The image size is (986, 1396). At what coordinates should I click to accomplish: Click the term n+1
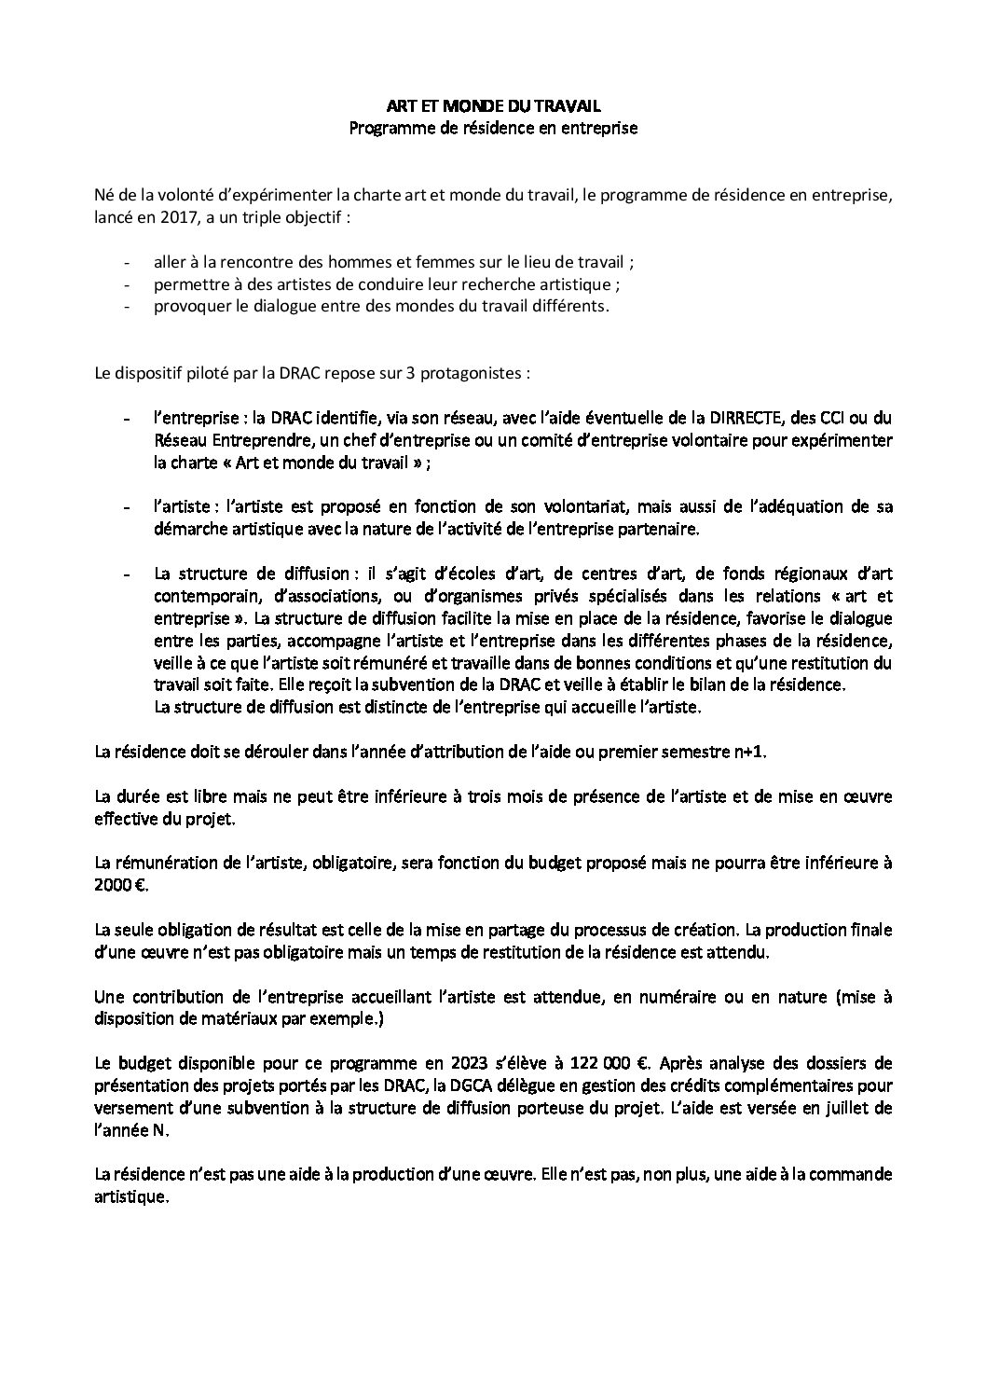coord(747,752)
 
